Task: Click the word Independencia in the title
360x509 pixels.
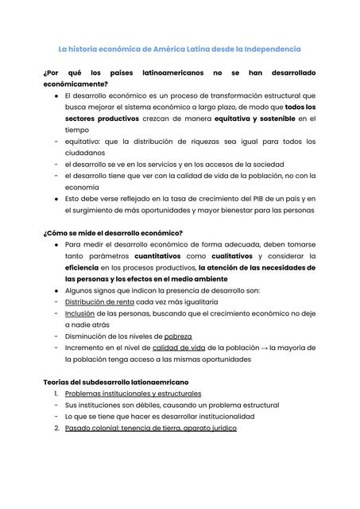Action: tap(268, 49)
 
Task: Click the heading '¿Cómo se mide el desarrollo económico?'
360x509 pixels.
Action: tap(112, 232)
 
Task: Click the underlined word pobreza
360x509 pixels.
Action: tap(173, 336)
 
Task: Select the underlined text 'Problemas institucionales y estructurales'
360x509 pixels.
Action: tap(133, 393)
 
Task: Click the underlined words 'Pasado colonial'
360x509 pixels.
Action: tap(94, 428)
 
